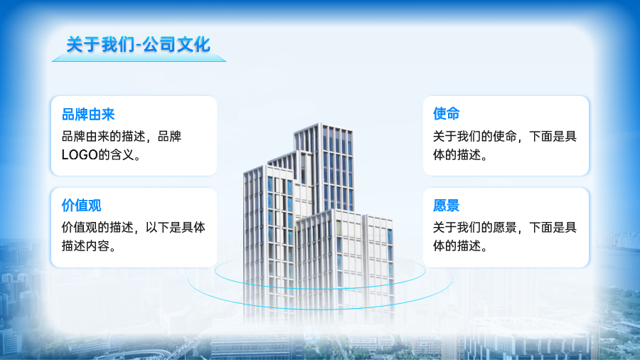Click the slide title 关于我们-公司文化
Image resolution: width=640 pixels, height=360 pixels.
pyautogui.click(x=139, y=45)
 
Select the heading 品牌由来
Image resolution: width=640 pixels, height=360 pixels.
pyautogui.click(x=88, y=115)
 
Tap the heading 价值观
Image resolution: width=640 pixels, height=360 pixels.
pyautogui.click(x=81, y=206)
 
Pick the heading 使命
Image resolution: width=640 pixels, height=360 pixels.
pyautogui.click(x=446, y=113)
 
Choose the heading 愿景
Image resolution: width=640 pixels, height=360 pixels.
pyautogui.click(x=446, y=206)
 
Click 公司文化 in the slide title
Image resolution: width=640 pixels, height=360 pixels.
pyautogui.click(x=176, y=45)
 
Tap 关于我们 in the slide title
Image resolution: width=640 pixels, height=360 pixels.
pyautogui.click(x=100, y=45)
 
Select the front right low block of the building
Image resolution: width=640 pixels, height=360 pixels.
pyautogui.click(x=345, y=261)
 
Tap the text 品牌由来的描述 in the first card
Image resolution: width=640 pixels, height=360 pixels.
pyautogui.click(x=104, y=137)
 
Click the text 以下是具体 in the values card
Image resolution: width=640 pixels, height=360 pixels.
pyautogui.click(x=176, y=228)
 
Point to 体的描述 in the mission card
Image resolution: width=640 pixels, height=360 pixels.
pyautogui.click(x=457, y=155)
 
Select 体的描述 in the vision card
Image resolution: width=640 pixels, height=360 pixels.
pyautogui.click(x=457, y=246)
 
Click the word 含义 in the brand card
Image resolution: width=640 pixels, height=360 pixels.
pyautogui.click(x=122, y=154)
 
